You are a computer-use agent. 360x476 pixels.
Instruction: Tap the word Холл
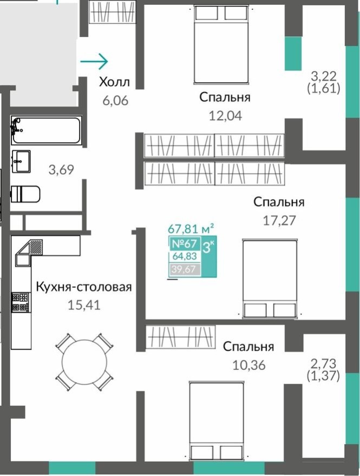click(114, 83)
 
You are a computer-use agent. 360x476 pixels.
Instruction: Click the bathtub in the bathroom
click(45, 130)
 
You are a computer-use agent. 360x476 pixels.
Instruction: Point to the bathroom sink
click(21, 160)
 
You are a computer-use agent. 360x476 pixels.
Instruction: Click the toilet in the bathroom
click(25, 194)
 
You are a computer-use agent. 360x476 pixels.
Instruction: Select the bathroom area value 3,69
click(61, 170)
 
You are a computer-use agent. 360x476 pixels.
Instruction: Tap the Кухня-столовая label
click(84, 287)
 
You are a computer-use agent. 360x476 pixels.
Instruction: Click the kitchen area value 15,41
click(84, 305)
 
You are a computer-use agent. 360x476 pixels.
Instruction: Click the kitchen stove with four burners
click(20, 303)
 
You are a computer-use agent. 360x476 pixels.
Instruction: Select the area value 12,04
click(225, 115)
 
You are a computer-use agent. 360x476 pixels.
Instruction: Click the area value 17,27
click(279, 220)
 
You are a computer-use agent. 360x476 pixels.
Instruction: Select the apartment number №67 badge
click(185, 244)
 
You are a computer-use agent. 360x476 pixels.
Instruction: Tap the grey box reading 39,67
click(185, 269)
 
